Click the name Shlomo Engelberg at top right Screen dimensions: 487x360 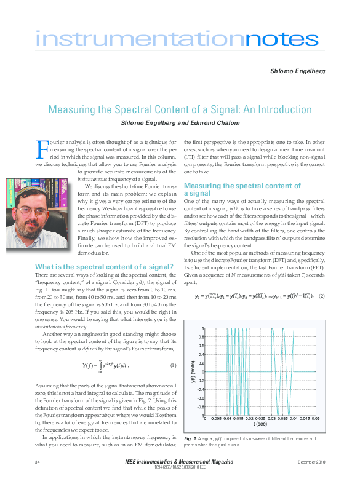(x=298, y=72)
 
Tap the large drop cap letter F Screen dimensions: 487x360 (x=42, y=148)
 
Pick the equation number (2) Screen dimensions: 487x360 (x=321, y=296)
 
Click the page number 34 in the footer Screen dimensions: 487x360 (x=38, y=461)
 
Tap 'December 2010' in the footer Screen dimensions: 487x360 (x=312, y=461)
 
